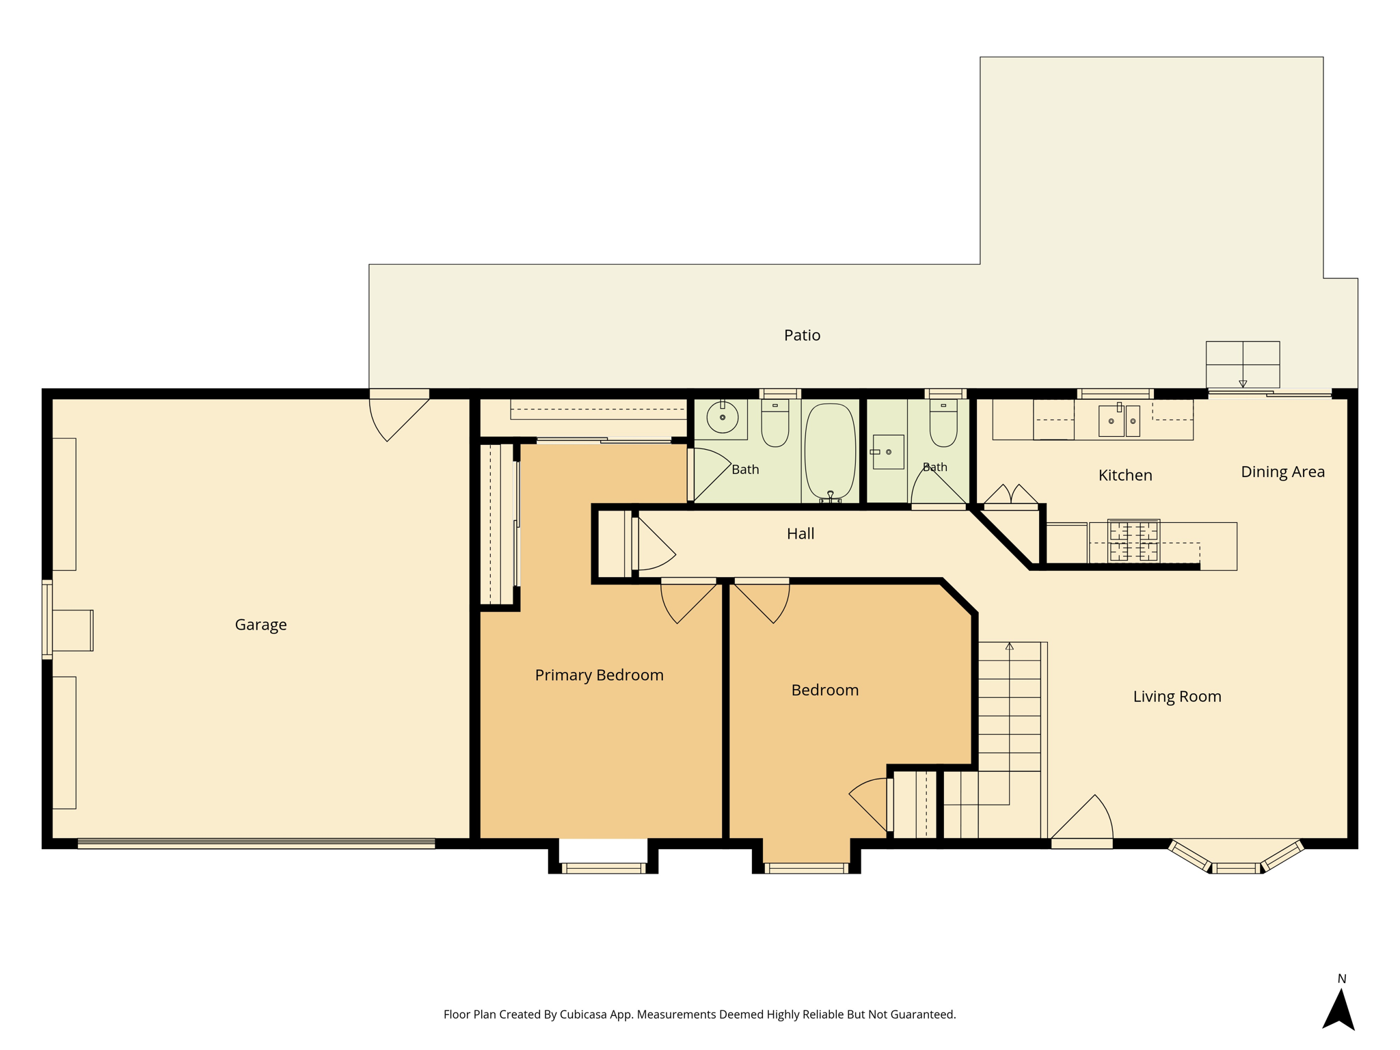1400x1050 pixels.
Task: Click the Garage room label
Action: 260,625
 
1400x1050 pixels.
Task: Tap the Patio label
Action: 802,335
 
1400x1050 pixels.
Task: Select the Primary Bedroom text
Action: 599,675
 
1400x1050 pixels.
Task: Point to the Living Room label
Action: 1176,697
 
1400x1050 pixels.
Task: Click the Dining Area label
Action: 1282,472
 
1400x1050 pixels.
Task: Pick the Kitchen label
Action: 1125,475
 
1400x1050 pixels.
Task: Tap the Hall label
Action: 800,533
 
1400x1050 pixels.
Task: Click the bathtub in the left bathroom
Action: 830,452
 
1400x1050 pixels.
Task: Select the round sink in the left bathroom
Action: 723,417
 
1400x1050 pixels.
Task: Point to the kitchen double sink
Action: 1119,420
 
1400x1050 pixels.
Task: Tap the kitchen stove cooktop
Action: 1133,541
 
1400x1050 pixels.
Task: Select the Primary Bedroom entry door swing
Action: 689,602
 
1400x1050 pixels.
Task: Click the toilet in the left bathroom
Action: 775,422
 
